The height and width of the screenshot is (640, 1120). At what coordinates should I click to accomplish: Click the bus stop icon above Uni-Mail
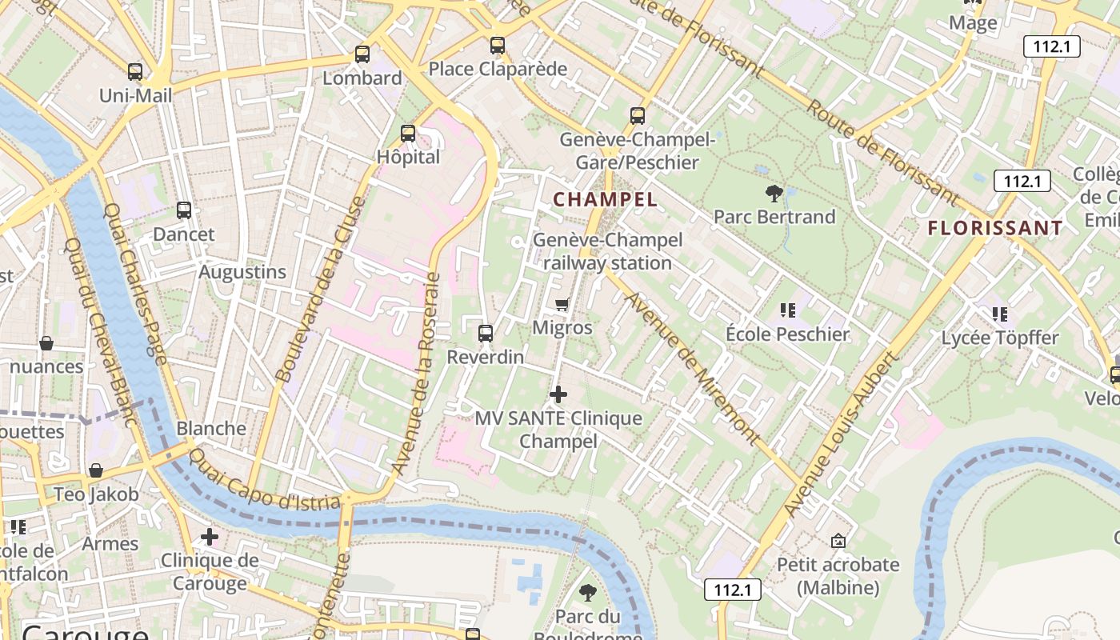[134, 71]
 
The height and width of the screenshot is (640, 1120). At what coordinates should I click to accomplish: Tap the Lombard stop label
[362, 78]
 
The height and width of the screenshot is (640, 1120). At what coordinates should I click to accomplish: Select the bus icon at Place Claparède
[498, 46]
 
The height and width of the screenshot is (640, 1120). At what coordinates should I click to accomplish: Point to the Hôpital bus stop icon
[408, 133]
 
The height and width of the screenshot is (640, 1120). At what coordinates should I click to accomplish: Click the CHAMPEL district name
[605, 199]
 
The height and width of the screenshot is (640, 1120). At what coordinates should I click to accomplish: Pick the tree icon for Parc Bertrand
[774, 193]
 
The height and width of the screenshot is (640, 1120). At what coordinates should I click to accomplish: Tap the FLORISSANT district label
[995, 228]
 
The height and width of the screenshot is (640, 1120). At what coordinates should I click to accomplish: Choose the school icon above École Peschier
[787, 310]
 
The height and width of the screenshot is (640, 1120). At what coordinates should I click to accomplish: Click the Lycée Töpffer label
[999, 338]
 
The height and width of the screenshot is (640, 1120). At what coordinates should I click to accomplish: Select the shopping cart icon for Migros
[562, 303]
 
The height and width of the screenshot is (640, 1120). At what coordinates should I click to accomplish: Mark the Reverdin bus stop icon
[486, 333]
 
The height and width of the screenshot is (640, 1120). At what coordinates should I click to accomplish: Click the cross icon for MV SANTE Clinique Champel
[558, 394]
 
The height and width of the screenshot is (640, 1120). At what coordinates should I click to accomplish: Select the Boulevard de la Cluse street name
[318, 290]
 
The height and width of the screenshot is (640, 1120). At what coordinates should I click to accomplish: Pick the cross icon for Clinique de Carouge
[210, 536]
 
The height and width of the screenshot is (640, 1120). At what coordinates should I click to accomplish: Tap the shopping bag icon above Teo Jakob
[96, 470]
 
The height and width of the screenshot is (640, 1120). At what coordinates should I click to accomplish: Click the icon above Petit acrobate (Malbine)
[838, 541]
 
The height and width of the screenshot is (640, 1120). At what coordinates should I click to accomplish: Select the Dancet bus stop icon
[183, 210]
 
